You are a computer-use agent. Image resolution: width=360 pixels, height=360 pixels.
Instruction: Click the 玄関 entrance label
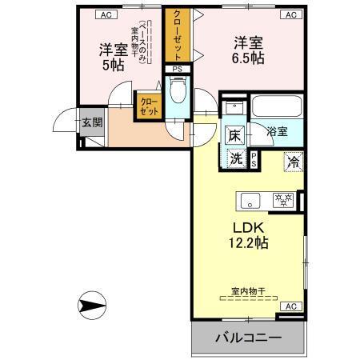point(91,122)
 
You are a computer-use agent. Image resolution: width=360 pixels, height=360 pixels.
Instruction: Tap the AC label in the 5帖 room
point(106,14)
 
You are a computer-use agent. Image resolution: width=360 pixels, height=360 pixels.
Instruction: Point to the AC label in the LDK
point(290,306)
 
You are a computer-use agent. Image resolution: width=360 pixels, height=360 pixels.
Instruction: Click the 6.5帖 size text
point(248,58)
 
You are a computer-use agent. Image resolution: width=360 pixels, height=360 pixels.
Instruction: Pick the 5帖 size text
point(112,66)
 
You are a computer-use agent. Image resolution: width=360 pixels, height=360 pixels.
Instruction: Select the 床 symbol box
point(235,135)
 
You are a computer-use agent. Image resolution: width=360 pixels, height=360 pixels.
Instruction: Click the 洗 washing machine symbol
point(237,158)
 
